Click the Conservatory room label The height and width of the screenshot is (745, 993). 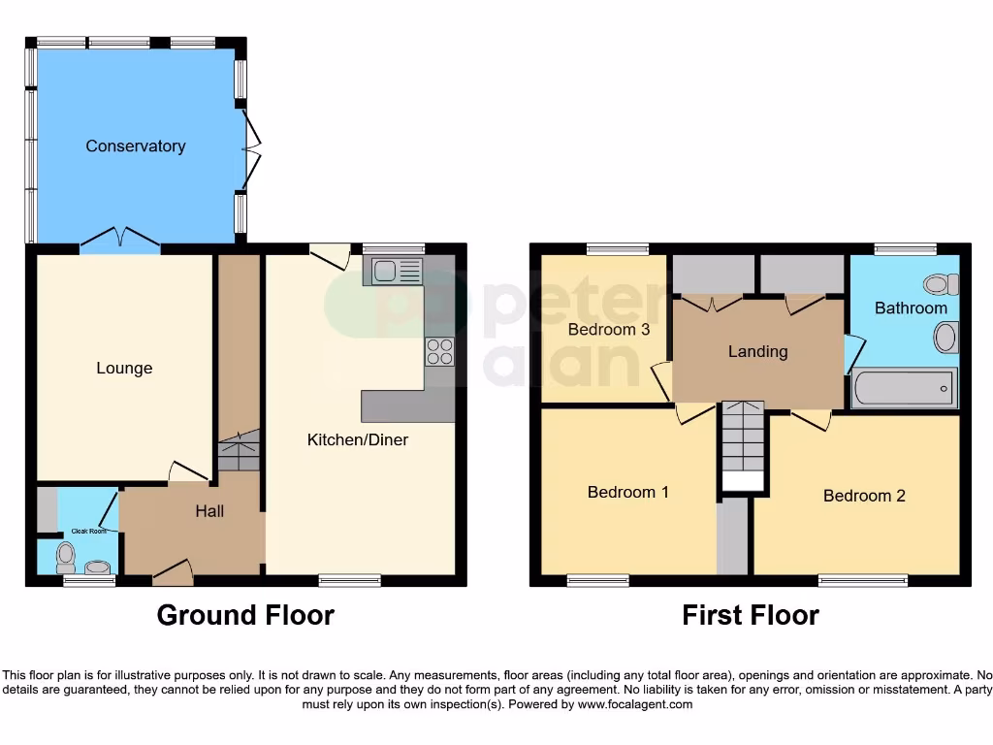click(x=135, y=146)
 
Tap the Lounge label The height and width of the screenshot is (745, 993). click(x=124, y=369)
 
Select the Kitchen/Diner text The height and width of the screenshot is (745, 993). click(x=358, y=440)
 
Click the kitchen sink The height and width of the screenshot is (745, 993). click(x=393, y=271)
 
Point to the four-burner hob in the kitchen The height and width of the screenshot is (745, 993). click(x=439, y=351)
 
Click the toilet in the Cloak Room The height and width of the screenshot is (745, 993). click(x=66, y=558)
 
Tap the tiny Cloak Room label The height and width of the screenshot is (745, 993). click(x=88, y=533)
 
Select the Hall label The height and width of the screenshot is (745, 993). click(x=209, y=511)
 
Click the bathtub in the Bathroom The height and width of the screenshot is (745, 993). click(x=904, y=389)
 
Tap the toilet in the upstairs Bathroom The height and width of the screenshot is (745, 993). click(x=941, y=284)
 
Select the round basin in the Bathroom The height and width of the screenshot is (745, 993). click(x=945, y=339)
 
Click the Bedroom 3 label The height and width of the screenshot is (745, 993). click(x=609, y=330)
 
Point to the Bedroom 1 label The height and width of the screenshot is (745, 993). click(x=628, y=493)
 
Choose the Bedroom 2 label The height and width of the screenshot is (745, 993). click(x=864, y=496)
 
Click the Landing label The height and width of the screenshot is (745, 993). click(x=758, y=352)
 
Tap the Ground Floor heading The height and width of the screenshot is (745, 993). click(x=245, y=615)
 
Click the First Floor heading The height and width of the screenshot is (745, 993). click(x=751, y=615)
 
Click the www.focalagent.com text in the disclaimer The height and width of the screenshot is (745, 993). click(x=635, y=705)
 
